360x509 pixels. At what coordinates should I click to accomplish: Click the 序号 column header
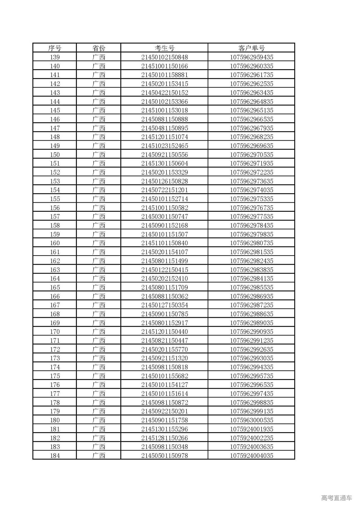[x=55, y=48]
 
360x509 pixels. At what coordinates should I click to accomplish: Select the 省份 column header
[x=98, y=48]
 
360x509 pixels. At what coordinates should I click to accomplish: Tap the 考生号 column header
[x=165, y=48]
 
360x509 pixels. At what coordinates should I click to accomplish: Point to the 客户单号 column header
[x=251, y=48]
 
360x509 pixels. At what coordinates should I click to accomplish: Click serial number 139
[x=55, y=57]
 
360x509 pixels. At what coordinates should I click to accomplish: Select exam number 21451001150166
[x=165, y=66]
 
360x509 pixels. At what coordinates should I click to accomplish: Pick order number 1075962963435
[x=251, y=93]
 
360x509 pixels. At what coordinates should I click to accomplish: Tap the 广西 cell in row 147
[x=98, y=128]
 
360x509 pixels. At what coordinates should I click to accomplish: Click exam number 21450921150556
[x=165, y=155]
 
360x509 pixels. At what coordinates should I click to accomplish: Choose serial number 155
[x=55, y=199]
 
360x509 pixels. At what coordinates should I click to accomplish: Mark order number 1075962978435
[x=251, y=225]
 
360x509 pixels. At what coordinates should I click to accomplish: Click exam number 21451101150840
[x=165, y=243]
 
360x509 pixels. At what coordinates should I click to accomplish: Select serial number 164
[x=55, y=278]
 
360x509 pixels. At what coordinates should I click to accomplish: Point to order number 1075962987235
[x=251, y=305]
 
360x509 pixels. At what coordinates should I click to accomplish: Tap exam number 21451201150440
[x=165, y=332]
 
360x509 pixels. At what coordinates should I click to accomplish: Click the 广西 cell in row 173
[x=98, y=358]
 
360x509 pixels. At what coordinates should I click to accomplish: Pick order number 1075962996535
[x=251, y=385]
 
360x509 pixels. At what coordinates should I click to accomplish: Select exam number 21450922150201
[x=165, y=411]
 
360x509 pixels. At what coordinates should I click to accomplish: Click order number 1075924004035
[x=251, y=456]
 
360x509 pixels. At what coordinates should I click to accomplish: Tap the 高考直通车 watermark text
[x=336, y=498]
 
